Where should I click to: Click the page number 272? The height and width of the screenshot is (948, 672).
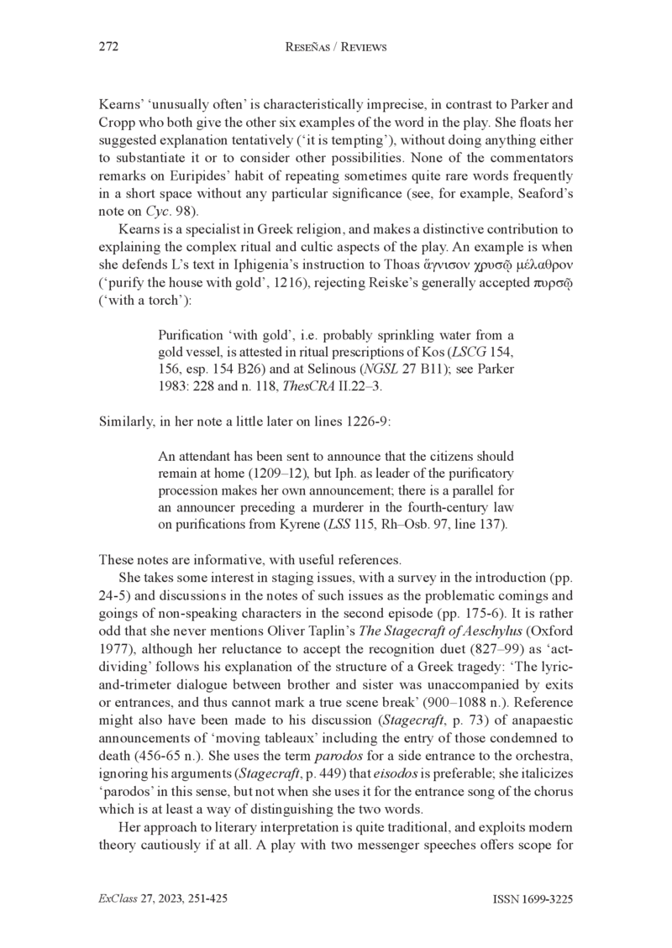(108, 48)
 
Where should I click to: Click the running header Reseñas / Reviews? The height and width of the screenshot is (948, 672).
(336, 48)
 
